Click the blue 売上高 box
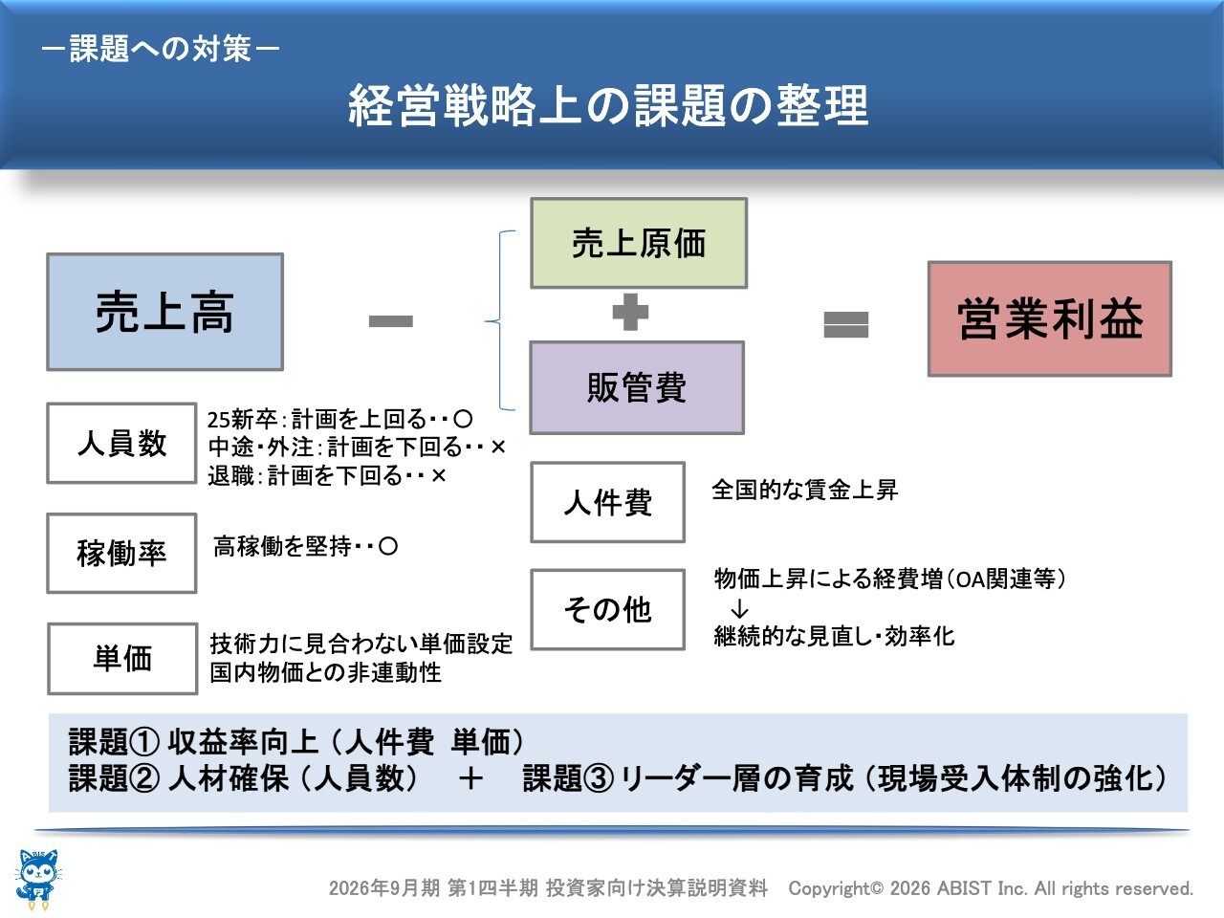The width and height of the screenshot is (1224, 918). [x=164, y=312]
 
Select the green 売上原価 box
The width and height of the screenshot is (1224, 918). [x=638, y=243]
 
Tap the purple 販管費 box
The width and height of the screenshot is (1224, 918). [x=637, y=387]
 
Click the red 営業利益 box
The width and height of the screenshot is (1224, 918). [x=1049, y=318]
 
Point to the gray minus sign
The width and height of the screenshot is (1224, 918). [x=390, y=321]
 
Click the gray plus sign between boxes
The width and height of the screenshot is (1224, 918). [x=630, y=313]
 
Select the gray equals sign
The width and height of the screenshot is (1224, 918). [x=845, y=324]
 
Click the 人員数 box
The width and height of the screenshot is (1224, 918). [x=121, y=444]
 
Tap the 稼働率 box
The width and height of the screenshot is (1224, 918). [x=121, y=553]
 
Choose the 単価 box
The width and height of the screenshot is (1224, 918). [x=122, y=658]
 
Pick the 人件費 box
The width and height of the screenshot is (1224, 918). [x=607, y=502]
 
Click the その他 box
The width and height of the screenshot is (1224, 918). [x=607, y=609]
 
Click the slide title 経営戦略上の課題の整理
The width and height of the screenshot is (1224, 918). [x=608, y=105]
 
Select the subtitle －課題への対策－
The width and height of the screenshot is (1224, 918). [x=161, y=48]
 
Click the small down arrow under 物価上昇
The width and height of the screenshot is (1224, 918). [x=739, y=609]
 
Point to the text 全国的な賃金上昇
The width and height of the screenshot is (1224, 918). [x=804, y=491]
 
